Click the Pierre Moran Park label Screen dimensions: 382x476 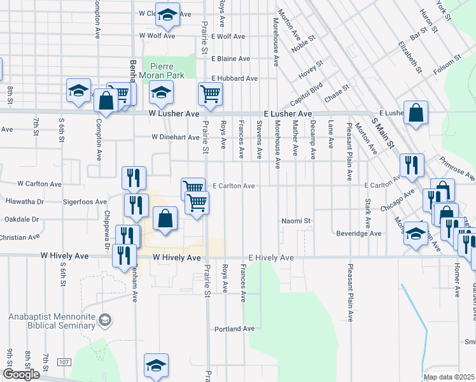tap(167, 71)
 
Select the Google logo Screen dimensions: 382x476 tap(21, 374)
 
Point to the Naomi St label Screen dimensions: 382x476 tap(297, 221)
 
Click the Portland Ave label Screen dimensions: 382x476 tap(235, 329)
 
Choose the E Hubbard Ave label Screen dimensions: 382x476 tap(234, 78)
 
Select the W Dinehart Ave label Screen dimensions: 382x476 tap(176, 137)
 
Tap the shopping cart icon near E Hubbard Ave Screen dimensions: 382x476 tap(210, 94)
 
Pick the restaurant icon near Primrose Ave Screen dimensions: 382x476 tap(412, 165)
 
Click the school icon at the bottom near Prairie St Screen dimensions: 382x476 tap(156, 365)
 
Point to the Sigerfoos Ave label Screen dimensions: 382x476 tap(85, 202)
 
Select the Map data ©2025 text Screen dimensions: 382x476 tap(449, 377)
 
